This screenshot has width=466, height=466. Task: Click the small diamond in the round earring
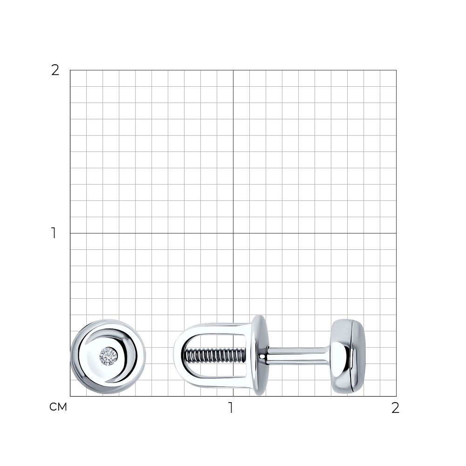(109, 356)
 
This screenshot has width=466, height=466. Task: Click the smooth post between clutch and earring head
(297, 356)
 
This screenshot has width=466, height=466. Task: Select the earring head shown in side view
(348, 356)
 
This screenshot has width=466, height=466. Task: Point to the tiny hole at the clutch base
(262, 356)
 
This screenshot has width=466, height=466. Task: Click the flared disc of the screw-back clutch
(260, 355)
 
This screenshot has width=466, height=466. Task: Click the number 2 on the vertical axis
(55, 70)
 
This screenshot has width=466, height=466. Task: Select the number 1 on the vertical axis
(54, 233)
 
